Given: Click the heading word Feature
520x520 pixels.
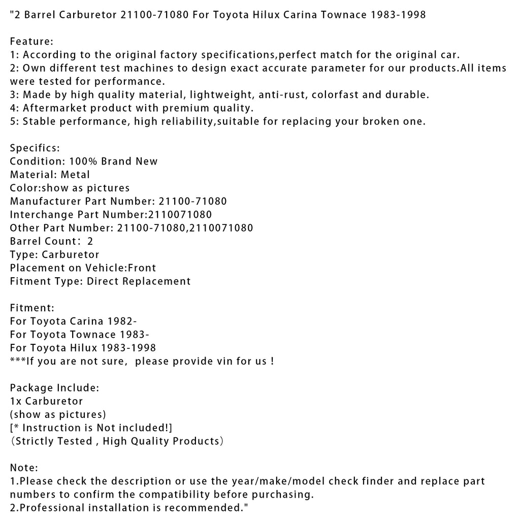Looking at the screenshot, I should click(29, 41).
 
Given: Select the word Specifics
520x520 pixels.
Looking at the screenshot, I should click(34, 148).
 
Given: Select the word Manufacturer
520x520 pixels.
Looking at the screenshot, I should click(45, 201).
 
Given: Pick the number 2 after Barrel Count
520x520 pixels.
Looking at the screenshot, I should click(90, 241).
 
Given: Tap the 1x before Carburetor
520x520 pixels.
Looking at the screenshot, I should click(16, 401).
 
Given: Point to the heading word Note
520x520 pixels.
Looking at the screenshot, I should click(22, 468).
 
